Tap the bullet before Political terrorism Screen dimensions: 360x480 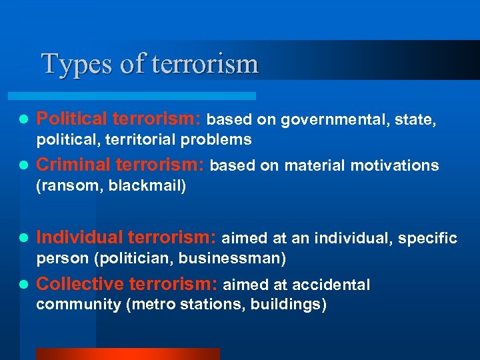click(23, 120)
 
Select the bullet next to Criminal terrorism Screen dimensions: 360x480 click(23, 166)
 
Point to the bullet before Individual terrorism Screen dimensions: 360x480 click(23, 238)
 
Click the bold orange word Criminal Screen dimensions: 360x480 click(73, 165)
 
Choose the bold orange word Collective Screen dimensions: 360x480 click(80, 285)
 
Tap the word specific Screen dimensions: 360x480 click(430, 238)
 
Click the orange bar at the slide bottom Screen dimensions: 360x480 click(127, 354)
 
